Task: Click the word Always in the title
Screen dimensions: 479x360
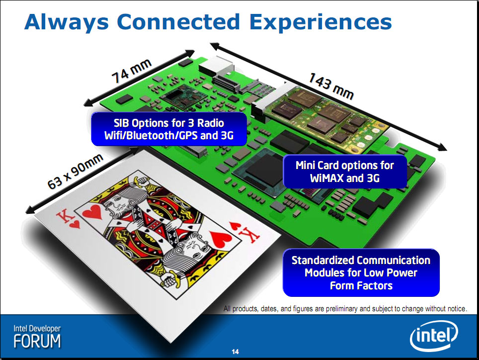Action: (67, 22)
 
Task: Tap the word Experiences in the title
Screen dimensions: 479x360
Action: (320, 22)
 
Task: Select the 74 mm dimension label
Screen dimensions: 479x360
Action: (132, 71)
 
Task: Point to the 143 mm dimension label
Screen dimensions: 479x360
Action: (331, 86)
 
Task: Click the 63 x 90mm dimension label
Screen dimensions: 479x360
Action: (75, 171)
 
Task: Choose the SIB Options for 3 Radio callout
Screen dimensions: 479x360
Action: (169, 129)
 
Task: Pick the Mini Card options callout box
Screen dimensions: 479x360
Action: (345, 172)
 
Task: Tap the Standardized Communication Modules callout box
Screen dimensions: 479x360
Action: (361, 272)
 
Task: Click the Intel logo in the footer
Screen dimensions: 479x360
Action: (434, 336)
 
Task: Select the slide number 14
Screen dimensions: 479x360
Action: (235, 352)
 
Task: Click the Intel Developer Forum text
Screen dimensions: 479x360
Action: (37, 337)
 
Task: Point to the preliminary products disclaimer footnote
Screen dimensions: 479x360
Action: (345, 309)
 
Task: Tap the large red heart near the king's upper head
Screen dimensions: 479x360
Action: (92, 211)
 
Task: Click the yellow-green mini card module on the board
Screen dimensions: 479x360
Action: (324, 118)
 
